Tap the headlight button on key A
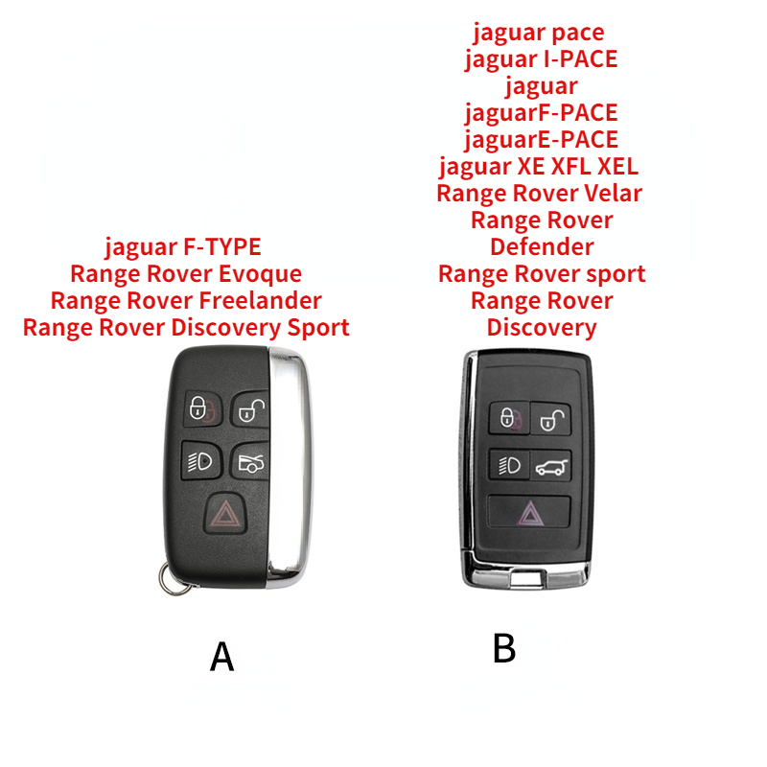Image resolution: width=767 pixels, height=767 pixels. click(201, 461)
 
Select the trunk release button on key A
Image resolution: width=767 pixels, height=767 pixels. click(251, 461)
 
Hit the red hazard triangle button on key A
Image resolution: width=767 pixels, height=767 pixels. click(225, 513)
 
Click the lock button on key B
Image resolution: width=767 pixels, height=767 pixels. click(510, 418)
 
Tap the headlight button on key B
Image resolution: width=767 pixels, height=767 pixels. click(509, 465)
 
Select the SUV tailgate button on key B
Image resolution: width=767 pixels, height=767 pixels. click(551, 466)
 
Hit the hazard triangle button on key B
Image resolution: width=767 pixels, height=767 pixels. click(530, 512)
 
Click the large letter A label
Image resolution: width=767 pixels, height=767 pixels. click(222, 657)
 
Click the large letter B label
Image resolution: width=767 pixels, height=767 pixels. click(504, 648)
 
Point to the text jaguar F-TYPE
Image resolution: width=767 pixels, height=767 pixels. click(183, 247)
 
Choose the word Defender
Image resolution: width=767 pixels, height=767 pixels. click(542, 246)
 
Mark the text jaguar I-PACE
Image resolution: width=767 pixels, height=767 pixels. click(542, 59)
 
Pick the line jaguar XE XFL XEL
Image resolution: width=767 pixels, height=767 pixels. click(539, 167)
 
